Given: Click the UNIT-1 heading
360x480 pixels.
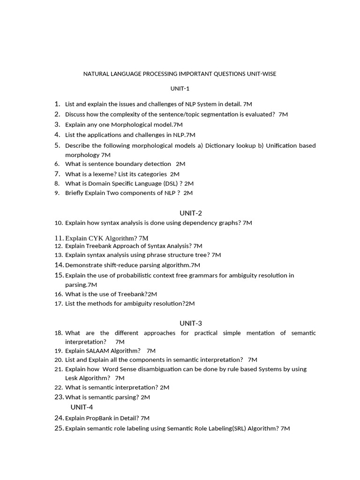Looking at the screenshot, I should (x=180, y=89).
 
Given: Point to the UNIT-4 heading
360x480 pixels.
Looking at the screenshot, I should (x=82, y=407).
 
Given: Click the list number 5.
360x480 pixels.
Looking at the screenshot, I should (x=58, y=145).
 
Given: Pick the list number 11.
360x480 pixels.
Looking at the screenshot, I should (x=59, y=238).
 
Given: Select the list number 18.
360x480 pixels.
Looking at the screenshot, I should (x=59, y=333).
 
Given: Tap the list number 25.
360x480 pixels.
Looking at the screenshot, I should (x=59, y=428).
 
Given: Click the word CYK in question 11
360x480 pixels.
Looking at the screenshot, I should (x=97, y=238).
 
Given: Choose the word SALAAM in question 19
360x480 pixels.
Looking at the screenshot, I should (x=98, y=351).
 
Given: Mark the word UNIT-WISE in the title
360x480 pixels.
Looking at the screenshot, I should (x=262, y=74).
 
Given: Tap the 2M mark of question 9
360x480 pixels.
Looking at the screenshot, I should (x=188, y=193).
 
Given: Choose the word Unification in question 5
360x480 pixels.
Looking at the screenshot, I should (x=282, y=145).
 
